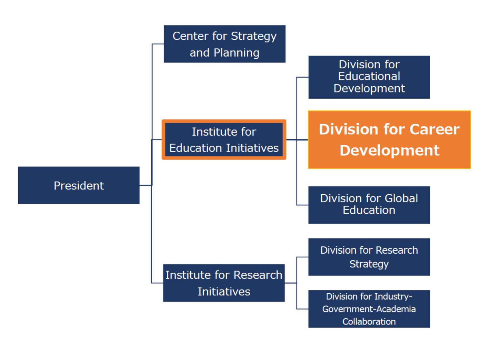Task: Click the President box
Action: pos(79,185)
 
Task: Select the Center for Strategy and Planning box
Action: pos(224,44)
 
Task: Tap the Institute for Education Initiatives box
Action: pos(224,140)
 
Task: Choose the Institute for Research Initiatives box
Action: pos(224,283)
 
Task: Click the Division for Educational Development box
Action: pos(369,77)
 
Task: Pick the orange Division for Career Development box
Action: pos(389,140)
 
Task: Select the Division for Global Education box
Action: pos(369,205)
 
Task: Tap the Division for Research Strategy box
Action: pos(369,257)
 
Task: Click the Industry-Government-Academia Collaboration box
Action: pos(369,309)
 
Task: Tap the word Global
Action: pos(401,198)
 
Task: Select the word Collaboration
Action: pos(369,322)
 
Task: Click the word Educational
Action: pos(369,76)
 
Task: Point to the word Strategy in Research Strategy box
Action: pos(369,264)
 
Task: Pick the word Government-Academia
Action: pos(369,309)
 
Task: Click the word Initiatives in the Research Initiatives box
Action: pos(224,292)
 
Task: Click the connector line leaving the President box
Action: pos(146,185)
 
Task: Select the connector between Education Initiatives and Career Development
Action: pos(297,140)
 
